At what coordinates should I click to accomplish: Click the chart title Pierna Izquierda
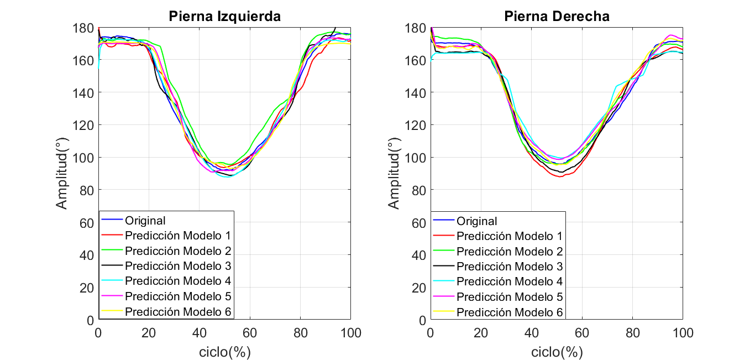point(224,17)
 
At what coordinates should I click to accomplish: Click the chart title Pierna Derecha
point(557,17)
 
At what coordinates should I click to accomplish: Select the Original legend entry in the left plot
point(145,221)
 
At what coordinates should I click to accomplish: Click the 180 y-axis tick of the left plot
point(85,28)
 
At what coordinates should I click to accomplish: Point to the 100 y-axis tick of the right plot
point(416,158)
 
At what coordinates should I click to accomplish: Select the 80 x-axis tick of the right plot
point(632,333)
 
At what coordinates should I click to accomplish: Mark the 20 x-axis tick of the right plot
point(481,333)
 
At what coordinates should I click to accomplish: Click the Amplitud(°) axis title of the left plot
point(63,174)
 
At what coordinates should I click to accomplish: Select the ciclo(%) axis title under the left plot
point(224,352)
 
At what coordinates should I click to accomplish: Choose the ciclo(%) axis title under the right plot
point(557,352)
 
